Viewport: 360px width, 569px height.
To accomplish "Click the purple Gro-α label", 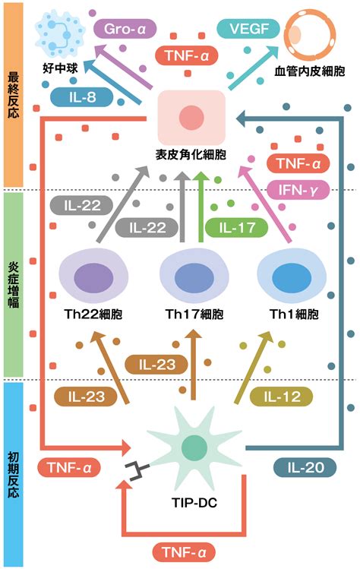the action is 125,29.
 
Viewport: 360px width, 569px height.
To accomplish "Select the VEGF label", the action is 248,29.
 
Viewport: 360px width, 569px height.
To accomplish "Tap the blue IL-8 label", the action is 82,97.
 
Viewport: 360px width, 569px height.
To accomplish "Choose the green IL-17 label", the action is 237,228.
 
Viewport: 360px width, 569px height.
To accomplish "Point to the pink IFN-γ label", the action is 298,189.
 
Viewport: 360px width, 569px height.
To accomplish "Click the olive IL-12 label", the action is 282,397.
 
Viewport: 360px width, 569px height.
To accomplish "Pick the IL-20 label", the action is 305,467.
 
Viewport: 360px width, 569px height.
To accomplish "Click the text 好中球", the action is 60,68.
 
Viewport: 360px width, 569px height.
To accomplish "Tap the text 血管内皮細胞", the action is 310,71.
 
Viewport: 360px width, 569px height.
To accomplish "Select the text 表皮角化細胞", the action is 191,155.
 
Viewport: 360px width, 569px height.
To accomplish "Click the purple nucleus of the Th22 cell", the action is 93,278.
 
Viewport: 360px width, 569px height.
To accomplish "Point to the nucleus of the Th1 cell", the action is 292,278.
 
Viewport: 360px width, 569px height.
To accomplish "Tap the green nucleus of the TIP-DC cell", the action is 194,447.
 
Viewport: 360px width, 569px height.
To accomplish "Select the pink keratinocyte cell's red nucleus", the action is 191,118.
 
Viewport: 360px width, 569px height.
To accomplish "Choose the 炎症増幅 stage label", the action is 13,284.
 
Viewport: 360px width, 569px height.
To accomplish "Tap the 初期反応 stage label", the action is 13,475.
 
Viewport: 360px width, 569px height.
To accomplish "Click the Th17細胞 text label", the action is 194,314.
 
